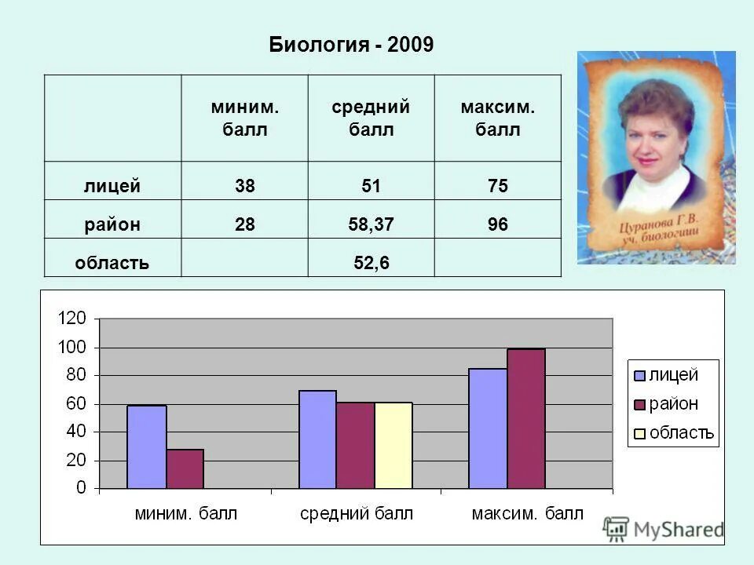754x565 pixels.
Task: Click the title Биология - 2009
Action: click(x=351, y=45)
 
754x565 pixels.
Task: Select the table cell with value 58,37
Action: click(x=371, y=225)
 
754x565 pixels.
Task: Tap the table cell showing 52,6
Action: click(x=371, y=264)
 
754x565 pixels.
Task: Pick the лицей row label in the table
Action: click(x=112, y=187)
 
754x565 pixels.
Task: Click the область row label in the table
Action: click(x=112, y=264)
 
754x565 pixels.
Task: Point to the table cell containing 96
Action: click(x=497, y=225)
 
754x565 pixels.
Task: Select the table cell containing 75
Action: click(x=497, y=187)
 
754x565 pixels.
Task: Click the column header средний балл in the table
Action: click(x=371, y=118)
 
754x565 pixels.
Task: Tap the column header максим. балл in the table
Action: click(x=497, y=118)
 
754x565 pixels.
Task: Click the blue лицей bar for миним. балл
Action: click(x=146, y=447)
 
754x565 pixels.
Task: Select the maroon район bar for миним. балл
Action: click(x=185, y=469)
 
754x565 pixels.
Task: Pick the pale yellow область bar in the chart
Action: click(x=393, y=446)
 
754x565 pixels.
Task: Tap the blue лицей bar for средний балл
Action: click(x=317, y=439)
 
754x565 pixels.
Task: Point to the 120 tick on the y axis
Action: click(x=71, y=319)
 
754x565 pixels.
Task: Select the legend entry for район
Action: click(x=672, y=404)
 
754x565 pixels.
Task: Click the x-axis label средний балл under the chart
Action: click(x=356, y=514)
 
